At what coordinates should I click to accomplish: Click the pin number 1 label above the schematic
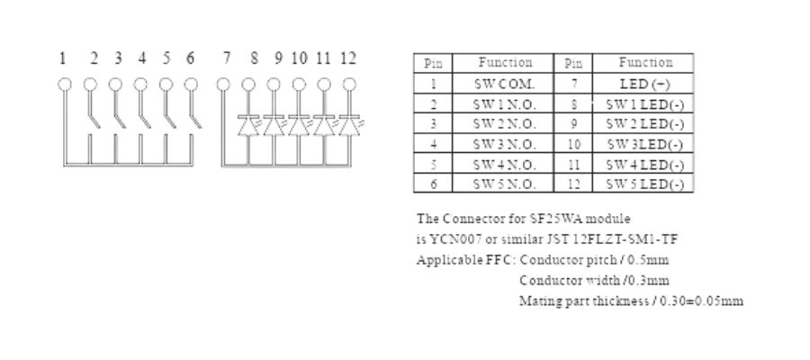tap(63, 58)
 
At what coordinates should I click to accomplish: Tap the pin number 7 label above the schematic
tap(227, 58)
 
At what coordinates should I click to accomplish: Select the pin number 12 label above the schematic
tap(348, 58)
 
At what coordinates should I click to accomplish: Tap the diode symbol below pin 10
tap(299, 125)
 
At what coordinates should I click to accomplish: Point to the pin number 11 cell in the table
tap(573, 165)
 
